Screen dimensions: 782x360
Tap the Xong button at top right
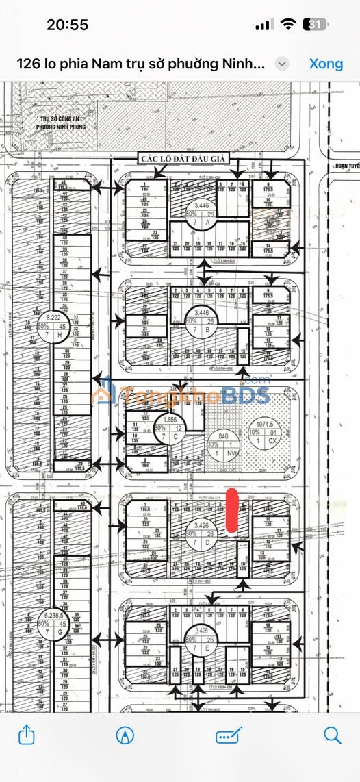326,64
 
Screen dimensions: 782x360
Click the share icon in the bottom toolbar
26,735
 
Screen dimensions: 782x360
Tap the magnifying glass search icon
333,735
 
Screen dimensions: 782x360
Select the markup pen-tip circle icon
125,735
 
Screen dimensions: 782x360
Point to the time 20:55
67,25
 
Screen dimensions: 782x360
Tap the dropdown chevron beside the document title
281,64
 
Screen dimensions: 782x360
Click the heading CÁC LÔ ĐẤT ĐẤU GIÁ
185,158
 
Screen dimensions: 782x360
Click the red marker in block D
232,510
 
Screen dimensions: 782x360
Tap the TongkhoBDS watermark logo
181,395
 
